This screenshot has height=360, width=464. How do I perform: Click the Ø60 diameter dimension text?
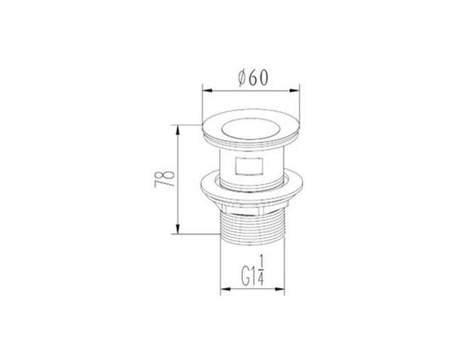[x=254, y=78]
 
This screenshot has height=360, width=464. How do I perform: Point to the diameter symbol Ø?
[x=242, y=78]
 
